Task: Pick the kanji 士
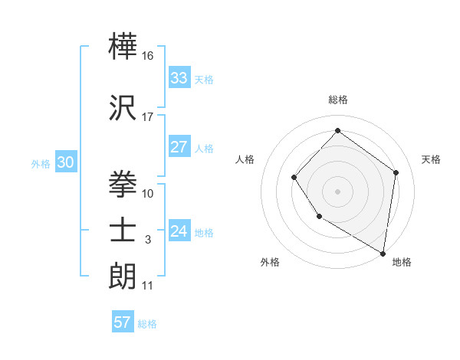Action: click(x=123, y=229)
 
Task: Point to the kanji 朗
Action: click(x=123, y=275)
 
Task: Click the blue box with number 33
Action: click(x=179, y=78)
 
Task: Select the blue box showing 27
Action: click(x=179, y=148)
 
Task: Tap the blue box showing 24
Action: click(x=179, y=231)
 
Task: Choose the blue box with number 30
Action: click(x=64, y=162)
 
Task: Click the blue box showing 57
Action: click(x=123, y=322)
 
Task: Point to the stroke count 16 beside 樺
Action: click(x=149, y=56)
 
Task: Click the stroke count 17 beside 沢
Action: click(x=148, y=117)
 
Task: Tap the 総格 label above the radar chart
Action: click(x=337, y=100)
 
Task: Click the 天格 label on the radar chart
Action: click(x=431, y=159)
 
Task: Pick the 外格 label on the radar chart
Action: click(x=270, y=262)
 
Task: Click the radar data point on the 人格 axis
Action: click(x=294, y=178)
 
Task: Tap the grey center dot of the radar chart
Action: click(x=337, y=191)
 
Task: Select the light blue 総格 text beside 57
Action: click(x=147, y=324)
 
